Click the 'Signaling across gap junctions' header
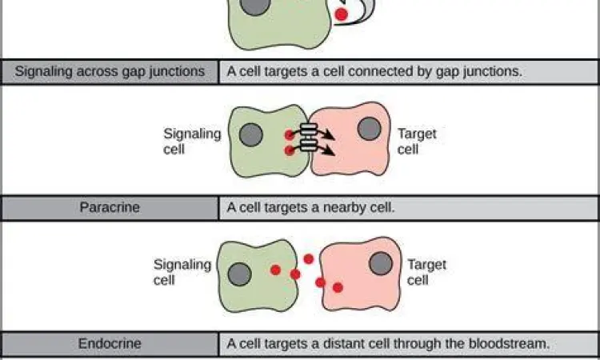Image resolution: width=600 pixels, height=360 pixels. click(110, 71)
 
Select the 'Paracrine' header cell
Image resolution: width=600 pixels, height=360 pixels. click(110, 208)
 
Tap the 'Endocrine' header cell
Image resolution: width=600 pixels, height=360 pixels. click(110, 344)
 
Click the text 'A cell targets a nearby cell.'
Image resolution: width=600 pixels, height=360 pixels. click(311, 208)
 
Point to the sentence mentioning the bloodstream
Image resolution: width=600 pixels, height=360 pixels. click(388, 344)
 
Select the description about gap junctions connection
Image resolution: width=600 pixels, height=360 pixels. click(374, 71)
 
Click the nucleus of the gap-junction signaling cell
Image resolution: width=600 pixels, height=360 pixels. click(250, 134)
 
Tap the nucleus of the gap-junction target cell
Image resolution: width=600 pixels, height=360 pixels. click(369, 128)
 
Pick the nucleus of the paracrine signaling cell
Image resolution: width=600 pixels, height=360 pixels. click(239, 274)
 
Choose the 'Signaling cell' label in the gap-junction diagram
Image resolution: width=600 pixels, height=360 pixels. click(192, 142)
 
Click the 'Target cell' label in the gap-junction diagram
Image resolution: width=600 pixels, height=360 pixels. click(416, 142)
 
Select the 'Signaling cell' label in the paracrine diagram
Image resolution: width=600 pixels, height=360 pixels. click(182, 272)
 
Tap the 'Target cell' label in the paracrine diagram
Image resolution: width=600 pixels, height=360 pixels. click(426, 272)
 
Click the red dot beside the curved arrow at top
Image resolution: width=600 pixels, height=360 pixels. click(342, 14)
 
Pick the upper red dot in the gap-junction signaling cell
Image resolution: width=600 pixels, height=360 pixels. click(290, 134)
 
